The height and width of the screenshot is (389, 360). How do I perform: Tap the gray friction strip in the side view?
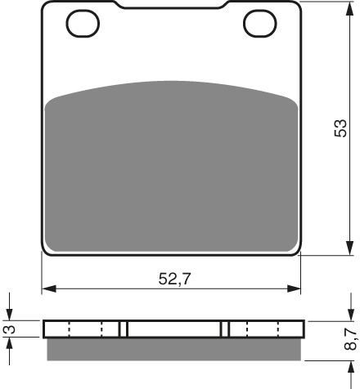tap(172, 350)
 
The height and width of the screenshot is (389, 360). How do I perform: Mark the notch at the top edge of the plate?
tap(172, 7)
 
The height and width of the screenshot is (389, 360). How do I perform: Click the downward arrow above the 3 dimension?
tap(11, 314)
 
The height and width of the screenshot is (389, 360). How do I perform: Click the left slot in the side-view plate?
tap(124, 329)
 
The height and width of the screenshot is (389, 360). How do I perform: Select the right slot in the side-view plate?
tap(225, 329)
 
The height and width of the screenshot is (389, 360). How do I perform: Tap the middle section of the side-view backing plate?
tap(174, 329)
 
